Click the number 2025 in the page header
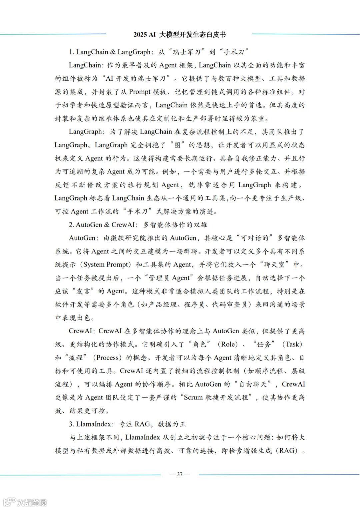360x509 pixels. coord(140,35)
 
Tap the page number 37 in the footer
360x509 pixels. coord(180,474)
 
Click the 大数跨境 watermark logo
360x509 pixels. coord(25,502)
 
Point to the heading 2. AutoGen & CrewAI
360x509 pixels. coord(138,224)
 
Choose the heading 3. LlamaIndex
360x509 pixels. coord(127,424)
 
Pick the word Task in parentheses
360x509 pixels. coord(292,344)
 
